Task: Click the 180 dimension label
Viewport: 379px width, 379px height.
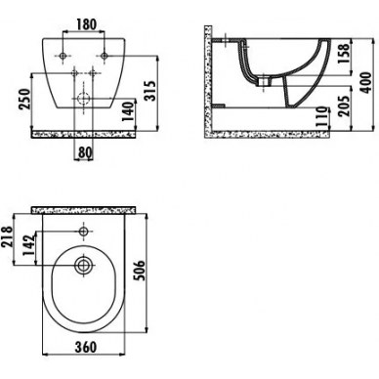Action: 87,24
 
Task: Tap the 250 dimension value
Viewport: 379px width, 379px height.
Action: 25,99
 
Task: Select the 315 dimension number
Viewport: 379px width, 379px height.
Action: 149,91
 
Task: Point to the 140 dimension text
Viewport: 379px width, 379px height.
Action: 129,111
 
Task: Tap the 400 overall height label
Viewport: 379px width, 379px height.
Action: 366,83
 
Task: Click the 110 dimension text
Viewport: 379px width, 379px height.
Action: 321,116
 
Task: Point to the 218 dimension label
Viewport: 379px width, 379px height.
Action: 8,237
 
